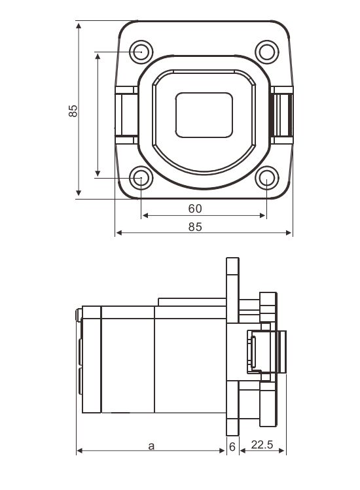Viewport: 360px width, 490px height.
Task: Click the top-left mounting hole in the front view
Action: [141, 51]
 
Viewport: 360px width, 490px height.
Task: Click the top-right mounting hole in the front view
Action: [266, 51]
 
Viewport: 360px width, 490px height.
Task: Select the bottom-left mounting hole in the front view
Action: [141, 177]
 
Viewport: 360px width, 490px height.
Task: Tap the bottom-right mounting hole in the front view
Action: [266, 177]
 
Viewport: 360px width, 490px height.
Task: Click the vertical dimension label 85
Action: [73, 111]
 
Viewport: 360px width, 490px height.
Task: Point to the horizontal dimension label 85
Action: [194, 227]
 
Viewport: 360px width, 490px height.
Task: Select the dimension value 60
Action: [194, 209]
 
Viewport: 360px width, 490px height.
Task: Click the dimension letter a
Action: [151, 446]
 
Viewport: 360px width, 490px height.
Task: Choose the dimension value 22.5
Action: [262, 446]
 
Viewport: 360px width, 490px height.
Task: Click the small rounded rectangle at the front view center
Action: [204, 114]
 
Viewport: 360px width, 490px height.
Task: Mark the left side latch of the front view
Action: [126, 115]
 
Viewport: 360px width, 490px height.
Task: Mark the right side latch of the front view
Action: [282, 115]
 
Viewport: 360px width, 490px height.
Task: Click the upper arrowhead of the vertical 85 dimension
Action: [79, 26]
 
